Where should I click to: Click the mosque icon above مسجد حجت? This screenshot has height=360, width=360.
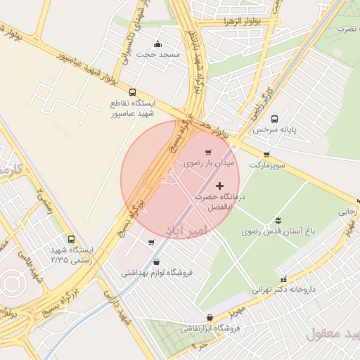pyautogui.click(x=158, y=44)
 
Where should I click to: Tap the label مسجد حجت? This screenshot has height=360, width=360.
pyautogui.click(x=158, y=54)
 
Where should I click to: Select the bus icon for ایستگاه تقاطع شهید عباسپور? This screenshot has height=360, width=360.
pyautogui.click(x=132, y=92)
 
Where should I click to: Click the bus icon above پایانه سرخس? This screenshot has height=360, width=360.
pyautogui.click(x=274, y=119)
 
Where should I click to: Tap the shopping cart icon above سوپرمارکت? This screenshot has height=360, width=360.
pyautogui.click(x=266, y=155)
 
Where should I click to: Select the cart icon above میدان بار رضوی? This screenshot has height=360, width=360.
pyautogui.click(x=207, y=152)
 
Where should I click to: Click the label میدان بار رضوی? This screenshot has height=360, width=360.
pyautogui.click(x=208, y=162)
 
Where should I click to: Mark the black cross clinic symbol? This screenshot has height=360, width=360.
pyautogui.click(x=220, y=186)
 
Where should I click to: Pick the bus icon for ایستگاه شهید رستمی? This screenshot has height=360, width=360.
pyautogui.click(x=70, y=240)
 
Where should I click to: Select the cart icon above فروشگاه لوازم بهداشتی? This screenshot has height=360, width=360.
pyautogui.click(x=151, y=243)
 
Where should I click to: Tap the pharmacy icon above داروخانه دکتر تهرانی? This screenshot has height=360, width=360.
pyautogui.click(x=283, y=279)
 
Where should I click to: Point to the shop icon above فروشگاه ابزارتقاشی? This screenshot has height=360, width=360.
pyautogui.click(x=210, y=318)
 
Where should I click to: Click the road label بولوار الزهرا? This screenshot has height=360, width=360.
pyautogui.click(x=224, y=21)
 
